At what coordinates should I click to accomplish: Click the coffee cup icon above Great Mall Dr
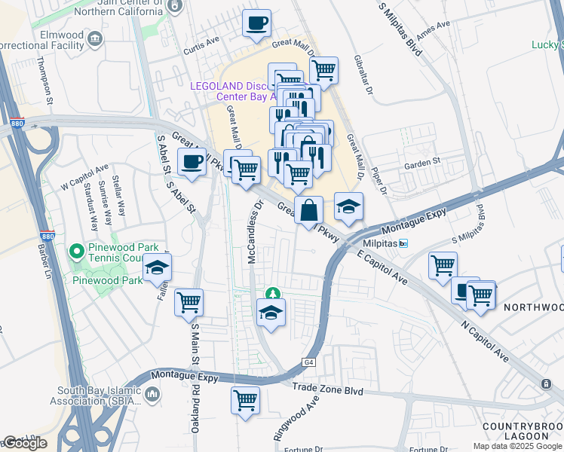[256, 23]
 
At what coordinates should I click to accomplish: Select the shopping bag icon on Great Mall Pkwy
[309, 209]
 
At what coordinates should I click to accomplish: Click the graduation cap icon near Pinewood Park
[158, 267]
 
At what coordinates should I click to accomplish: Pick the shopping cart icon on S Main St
[189, 302]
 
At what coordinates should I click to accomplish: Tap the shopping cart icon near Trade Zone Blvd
[246, 400]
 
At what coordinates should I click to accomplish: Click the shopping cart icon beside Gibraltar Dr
[323, 70]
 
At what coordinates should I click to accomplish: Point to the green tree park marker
[271, 293]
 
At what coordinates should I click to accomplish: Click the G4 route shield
[308, 362]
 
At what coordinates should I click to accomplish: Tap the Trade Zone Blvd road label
[328, 392]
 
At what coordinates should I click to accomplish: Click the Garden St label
[421, 162]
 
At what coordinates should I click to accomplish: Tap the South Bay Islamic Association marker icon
[152, 394]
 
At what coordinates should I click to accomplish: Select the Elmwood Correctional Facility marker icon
[95, 38]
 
